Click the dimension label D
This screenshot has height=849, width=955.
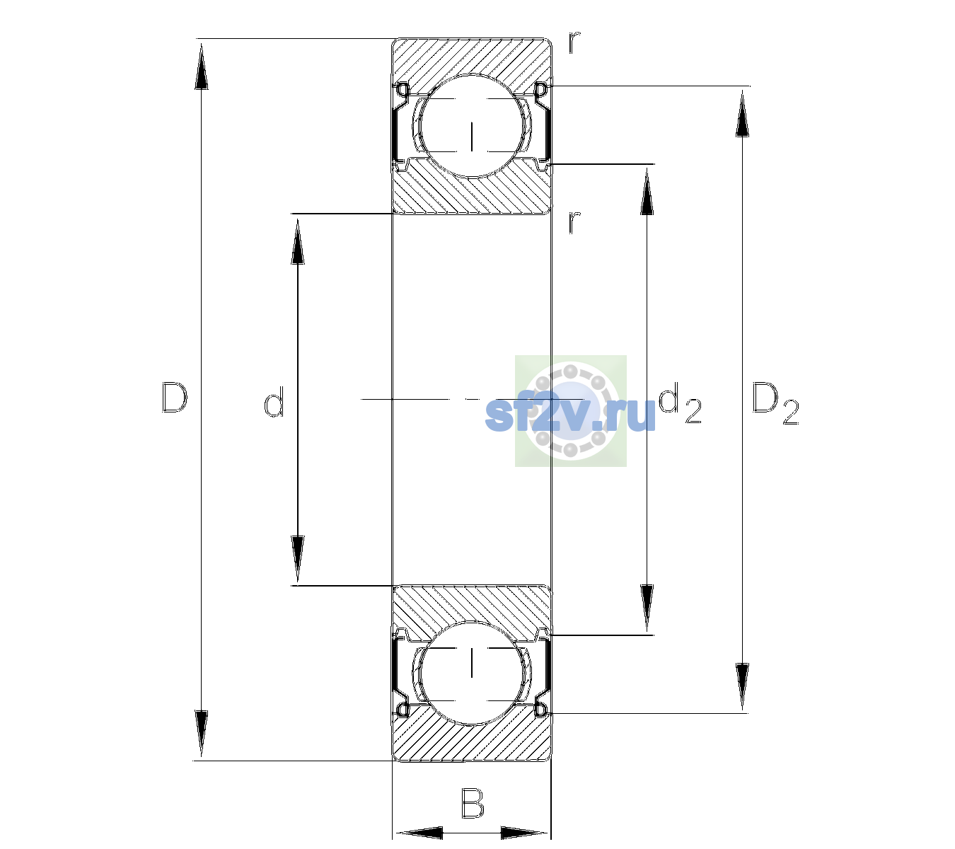(x=175, y=398)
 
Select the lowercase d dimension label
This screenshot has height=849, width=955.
(x=274, y=402)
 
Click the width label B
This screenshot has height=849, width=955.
(x=473, y=803)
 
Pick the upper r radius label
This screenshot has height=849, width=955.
(x=574, y=42)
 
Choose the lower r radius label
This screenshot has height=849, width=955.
(x=574, y=222)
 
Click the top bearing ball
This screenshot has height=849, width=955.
(x=472, y=126)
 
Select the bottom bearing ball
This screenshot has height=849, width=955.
(x=472, y=672)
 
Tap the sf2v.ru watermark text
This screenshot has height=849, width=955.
(x=570, y=413)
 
